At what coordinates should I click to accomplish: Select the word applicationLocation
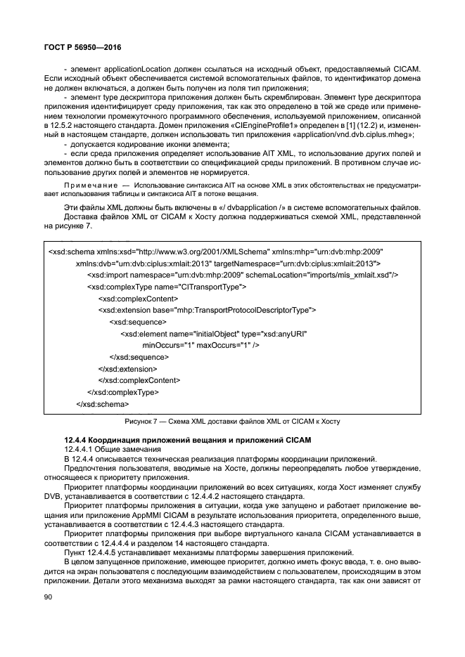pos(125,68)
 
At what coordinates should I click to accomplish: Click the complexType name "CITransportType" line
pos(166,287)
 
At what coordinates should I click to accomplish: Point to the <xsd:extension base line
pos(207,310)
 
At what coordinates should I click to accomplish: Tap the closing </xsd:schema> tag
pos(92,404)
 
